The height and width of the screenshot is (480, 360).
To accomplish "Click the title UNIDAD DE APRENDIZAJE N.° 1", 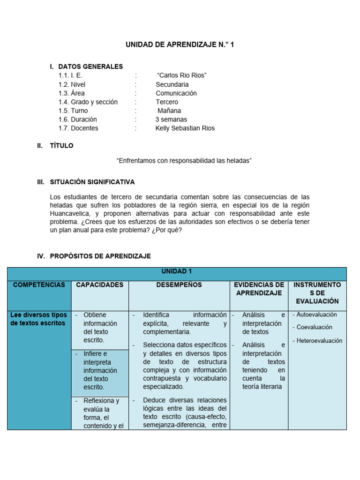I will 180,45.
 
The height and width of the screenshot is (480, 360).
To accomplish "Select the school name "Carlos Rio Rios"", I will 182,75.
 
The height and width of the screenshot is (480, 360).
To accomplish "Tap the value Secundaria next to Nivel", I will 172,84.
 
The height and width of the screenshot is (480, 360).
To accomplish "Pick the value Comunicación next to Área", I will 176,93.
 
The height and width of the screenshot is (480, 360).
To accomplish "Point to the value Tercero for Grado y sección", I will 167,102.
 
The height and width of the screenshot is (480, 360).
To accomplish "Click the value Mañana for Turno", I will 169,111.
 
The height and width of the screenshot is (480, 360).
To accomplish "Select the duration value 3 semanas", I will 171,120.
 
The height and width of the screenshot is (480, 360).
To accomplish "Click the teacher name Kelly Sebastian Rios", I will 185,128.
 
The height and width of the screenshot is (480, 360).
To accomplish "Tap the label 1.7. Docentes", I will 78,128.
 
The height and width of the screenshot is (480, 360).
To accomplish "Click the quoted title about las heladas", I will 184,161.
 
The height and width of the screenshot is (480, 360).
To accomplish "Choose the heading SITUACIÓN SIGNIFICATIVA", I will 92,182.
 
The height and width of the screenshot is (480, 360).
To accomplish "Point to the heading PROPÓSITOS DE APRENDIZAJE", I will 100,256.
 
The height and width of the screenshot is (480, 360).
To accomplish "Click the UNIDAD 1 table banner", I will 177,271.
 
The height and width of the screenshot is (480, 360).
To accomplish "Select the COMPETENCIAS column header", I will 39,285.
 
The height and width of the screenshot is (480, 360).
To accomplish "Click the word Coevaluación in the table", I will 315,327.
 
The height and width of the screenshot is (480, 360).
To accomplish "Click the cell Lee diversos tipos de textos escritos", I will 39,319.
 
